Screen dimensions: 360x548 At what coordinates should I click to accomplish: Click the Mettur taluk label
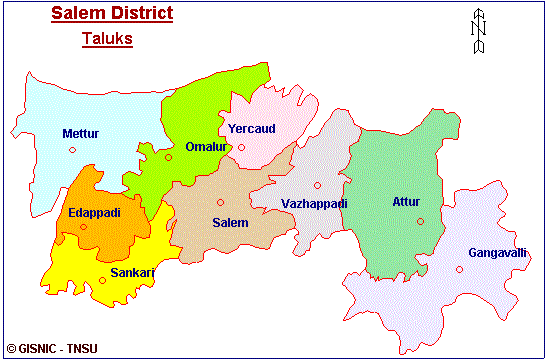[80, 133]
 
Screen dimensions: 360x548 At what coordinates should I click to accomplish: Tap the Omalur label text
[204, 147]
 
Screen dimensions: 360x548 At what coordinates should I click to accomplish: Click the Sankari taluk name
[131, 271]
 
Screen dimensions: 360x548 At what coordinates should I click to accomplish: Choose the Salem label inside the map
[230, 222]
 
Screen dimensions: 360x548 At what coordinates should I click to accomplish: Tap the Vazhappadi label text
[314, 203]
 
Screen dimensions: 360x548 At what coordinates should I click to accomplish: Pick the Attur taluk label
[406, 202]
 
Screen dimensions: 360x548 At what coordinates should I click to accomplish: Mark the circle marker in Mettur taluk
[72, 150]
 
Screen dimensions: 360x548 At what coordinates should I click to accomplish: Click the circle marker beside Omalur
[169, 157]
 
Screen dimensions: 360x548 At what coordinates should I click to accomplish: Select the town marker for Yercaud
[241, 148]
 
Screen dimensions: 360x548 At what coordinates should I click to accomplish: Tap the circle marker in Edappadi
[83, 226]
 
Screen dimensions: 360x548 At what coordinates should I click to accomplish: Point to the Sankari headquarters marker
[102, 280]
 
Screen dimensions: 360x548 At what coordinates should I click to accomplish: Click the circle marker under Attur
[420, 221]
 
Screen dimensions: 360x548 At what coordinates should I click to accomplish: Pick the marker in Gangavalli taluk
[460, 269]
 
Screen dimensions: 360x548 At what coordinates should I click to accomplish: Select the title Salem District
[111, 14]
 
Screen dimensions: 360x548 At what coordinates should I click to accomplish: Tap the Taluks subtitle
[106, 40]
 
